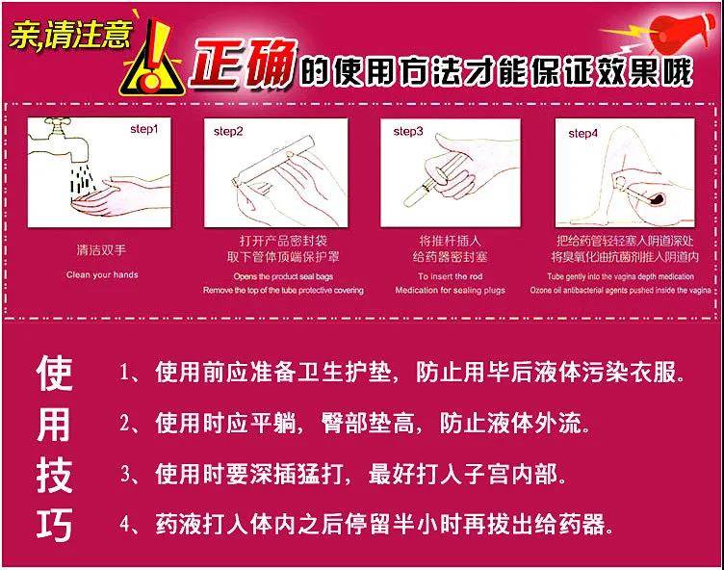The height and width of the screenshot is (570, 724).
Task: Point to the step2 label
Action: coord(228,130)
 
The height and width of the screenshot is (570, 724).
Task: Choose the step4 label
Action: coord(582,132)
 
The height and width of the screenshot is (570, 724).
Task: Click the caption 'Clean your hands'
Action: coord(101,274)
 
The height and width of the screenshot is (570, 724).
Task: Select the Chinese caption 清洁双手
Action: coord(101,249)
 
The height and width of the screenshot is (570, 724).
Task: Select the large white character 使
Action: coord(55,373)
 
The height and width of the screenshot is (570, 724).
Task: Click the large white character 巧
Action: coord(55,527)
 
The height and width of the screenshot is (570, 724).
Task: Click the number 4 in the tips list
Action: coord(124,526)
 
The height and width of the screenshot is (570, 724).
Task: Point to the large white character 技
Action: coord(55,476)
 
